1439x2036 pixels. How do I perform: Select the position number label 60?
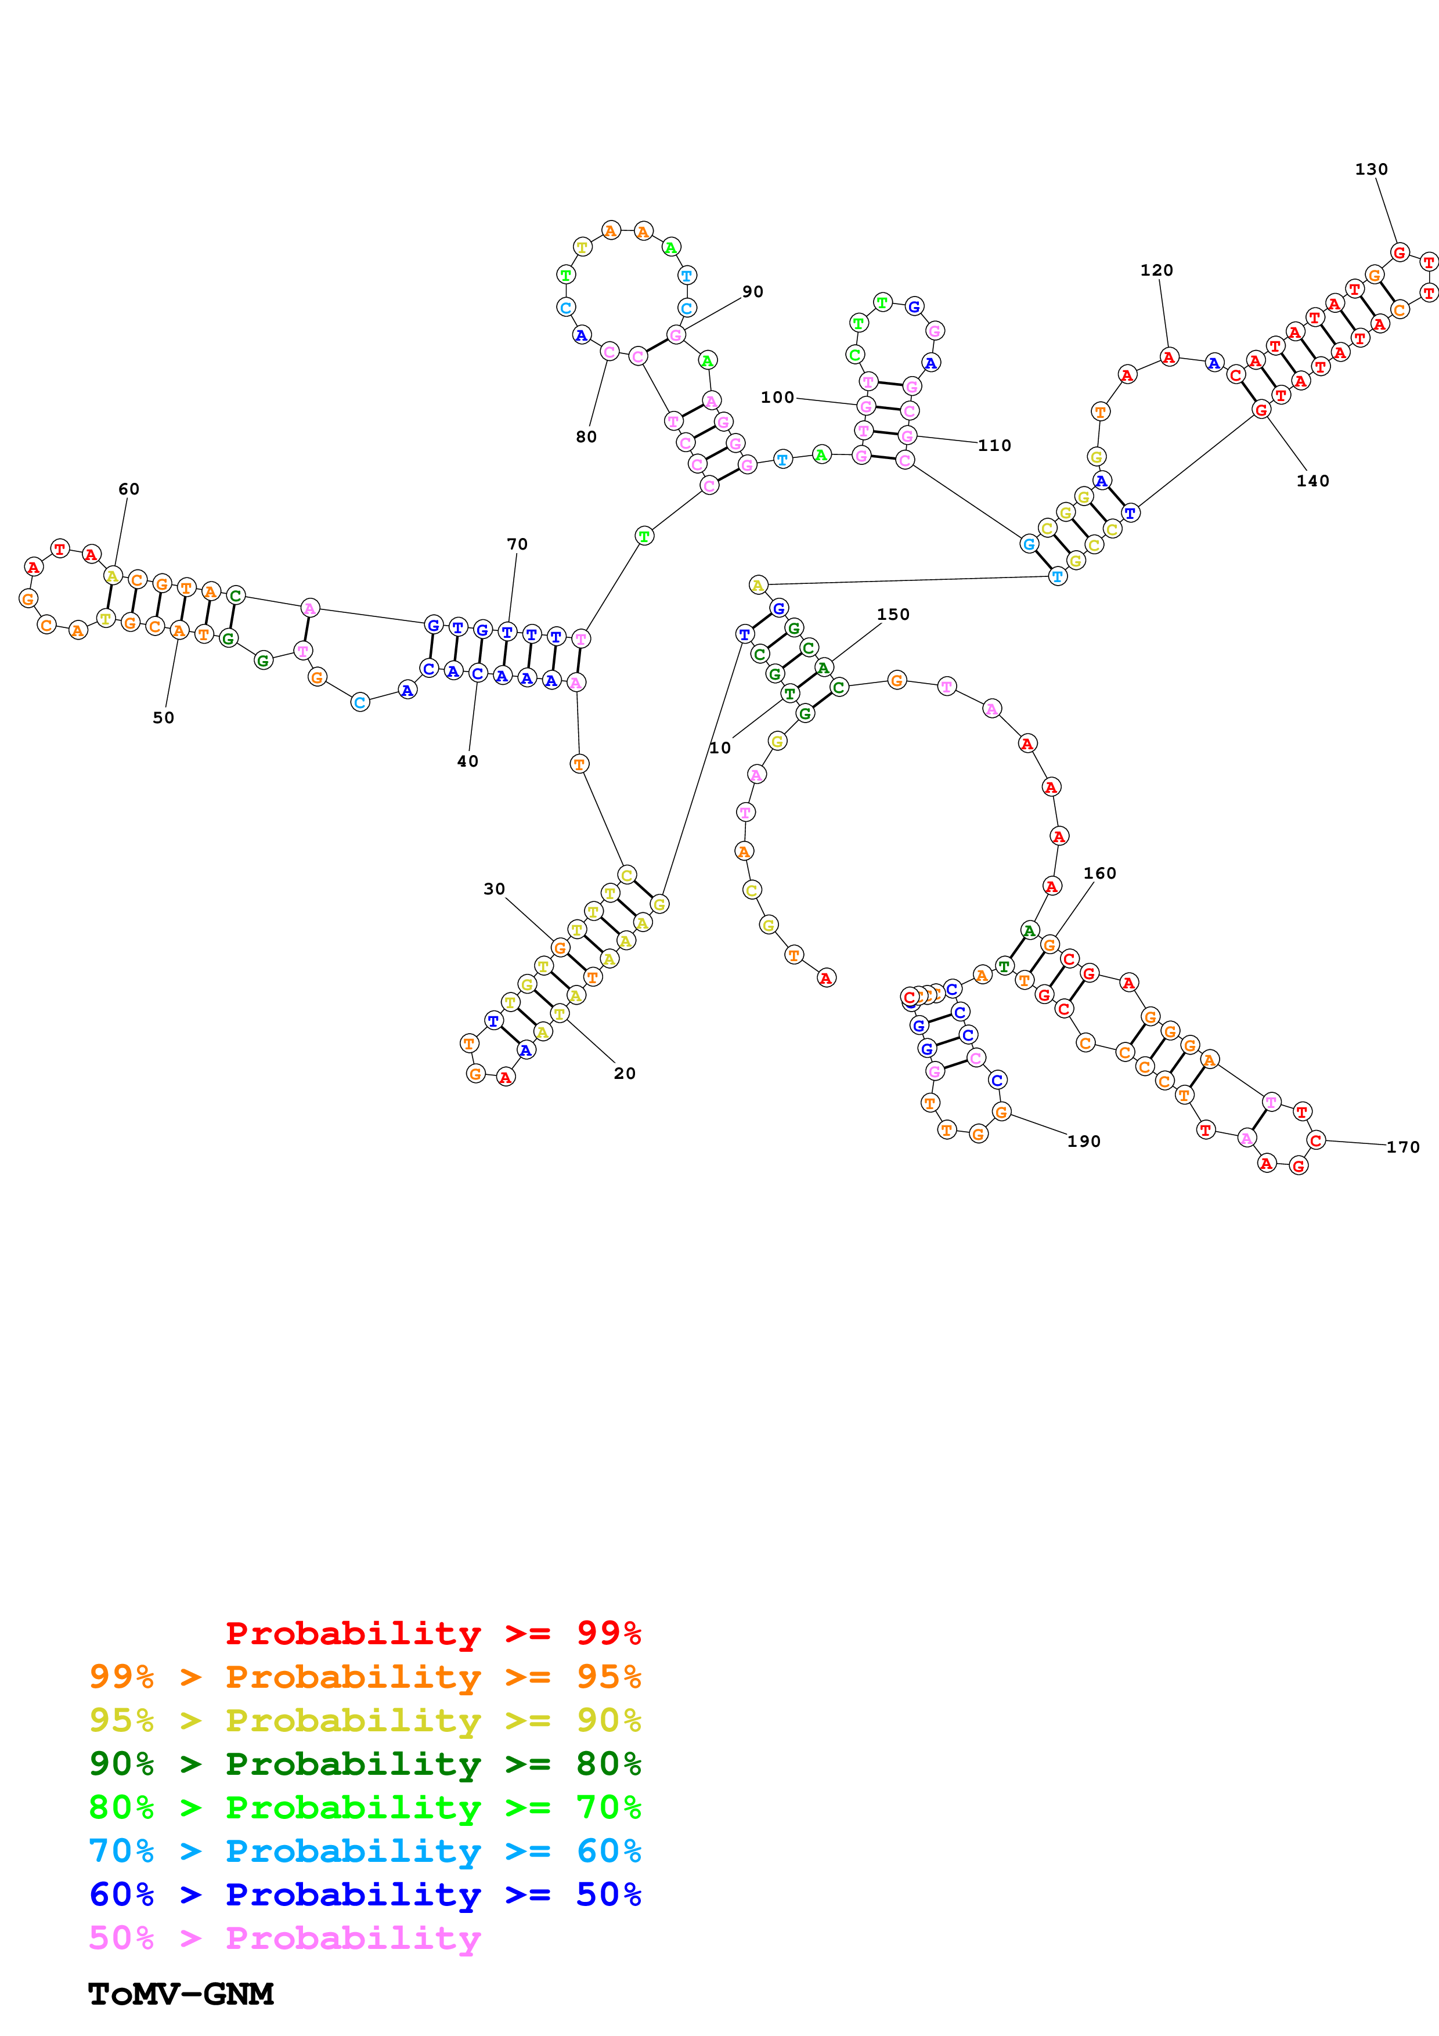click(128, 489)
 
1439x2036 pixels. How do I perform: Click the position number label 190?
click(1084, 1141)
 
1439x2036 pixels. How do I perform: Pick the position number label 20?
click(624, 1073)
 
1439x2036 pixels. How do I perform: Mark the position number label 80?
click(586, 436)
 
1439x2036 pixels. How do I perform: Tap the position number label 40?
click(467, 761)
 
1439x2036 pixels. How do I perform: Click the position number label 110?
click(994, 445)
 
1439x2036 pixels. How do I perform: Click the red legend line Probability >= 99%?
click(432, 1633)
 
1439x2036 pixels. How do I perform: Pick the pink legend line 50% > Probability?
click(284, 1938)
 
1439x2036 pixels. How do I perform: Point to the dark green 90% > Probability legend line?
click(365, 1764)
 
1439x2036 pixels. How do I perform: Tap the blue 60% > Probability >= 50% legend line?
click(365, 1894)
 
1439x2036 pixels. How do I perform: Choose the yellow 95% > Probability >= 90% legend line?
click(365, 1720)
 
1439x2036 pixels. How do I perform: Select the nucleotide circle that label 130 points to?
click(1399, 252)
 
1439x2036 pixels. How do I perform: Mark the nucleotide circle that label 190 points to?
click(1001, 1112)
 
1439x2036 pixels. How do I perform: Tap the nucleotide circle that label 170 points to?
click(1316, 1140)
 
